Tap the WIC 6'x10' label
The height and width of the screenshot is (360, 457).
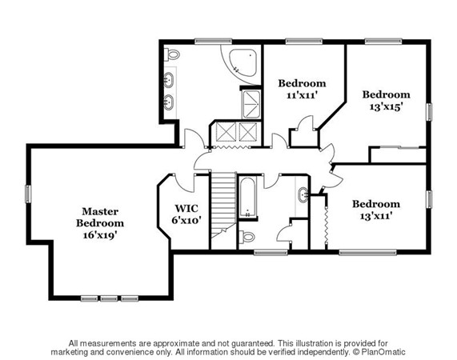click(186, 214)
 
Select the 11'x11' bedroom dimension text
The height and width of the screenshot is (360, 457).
click(302, 95)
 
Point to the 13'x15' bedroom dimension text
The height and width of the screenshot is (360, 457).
click(387, 107)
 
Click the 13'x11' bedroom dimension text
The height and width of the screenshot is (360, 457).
click(376, 216)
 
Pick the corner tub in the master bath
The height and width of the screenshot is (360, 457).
click(243, 63)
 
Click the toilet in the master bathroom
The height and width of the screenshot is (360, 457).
click(171, 54)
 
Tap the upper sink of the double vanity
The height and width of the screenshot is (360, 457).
click(168, 80)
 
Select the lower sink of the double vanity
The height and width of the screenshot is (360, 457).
click(168, 102)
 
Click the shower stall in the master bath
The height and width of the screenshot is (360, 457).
click(251, 105)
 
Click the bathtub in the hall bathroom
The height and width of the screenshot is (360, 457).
click(248, 198)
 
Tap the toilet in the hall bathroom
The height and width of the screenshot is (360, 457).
click(247, 237)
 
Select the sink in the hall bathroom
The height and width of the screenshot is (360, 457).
click(303, 194)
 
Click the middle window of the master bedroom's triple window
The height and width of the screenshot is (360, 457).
click(109, 298)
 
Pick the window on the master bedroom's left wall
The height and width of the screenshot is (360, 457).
click(28, 194)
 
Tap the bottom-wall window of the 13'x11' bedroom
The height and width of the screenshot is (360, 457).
click(368, 252)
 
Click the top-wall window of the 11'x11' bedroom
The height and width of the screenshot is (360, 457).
click(304, 42)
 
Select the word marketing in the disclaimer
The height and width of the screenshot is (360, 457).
click(66, 353)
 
